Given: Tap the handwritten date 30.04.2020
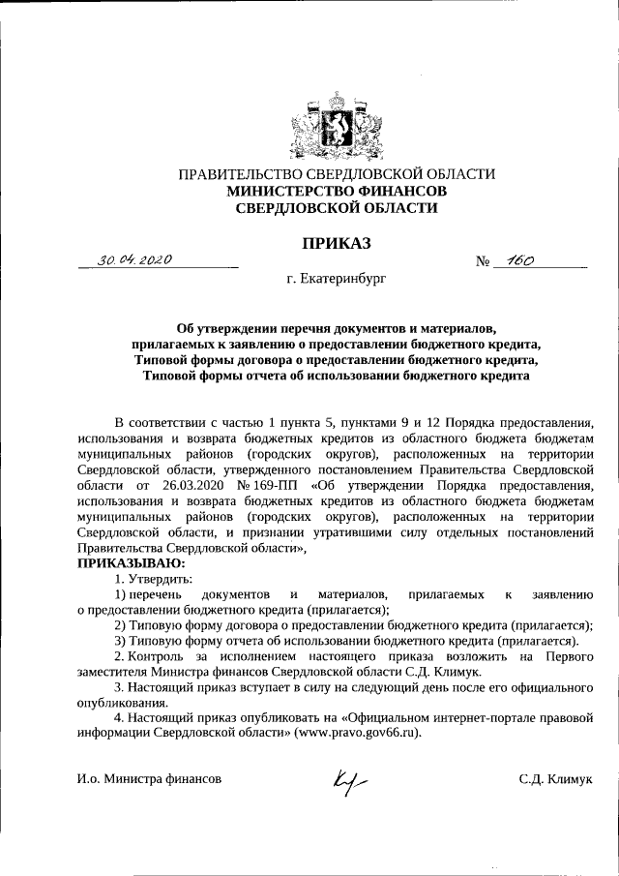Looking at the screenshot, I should (x=134, y=260).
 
